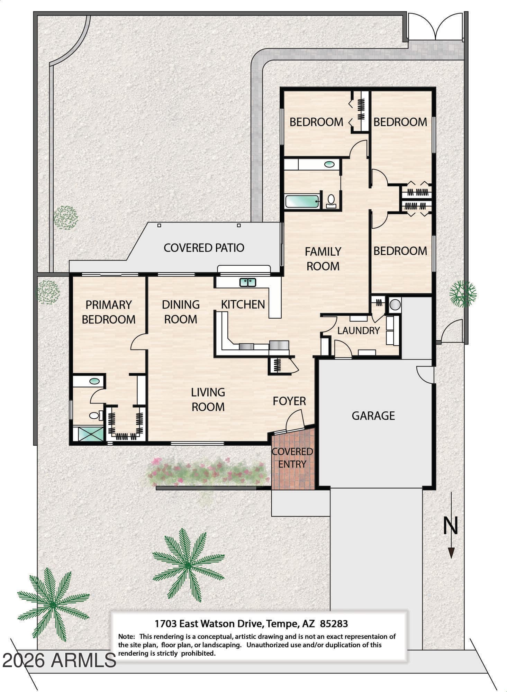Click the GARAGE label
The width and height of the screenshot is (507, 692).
tap(373, 416)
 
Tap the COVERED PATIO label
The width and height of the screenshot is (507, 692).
tap(204, 248)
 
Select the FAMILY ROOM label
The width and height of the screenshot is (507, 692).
tap(323, 259)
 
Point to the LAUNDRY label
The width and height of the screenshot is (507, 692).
tap(359, 331)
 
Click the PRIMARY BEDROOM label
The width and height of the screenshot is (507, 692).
tap(109, 312)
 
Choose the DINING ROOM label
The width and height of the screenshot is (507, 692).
tap(181, 312)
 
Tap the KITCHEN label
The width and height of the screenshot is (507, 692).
tap(243, 304)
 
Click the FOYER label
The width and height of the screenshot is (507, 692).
tap(289, 401)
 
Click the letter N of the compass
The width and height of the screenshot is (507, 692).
tap(451, 526)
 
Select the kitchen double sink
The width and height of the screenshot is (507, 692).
tap(248, 282)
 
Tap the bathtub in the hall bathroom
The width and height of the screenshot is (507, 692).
tap(302, 201)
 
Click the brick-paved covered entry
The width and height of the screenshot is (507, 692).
tap(293, 458)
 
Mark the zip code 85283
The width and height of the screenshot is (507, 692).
tap(334, 624)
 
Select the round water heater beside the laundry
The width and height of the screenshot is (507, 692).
tap(395, 305)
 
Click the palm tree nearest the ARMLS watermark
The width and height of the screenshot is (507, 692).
tap(53, 604)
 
